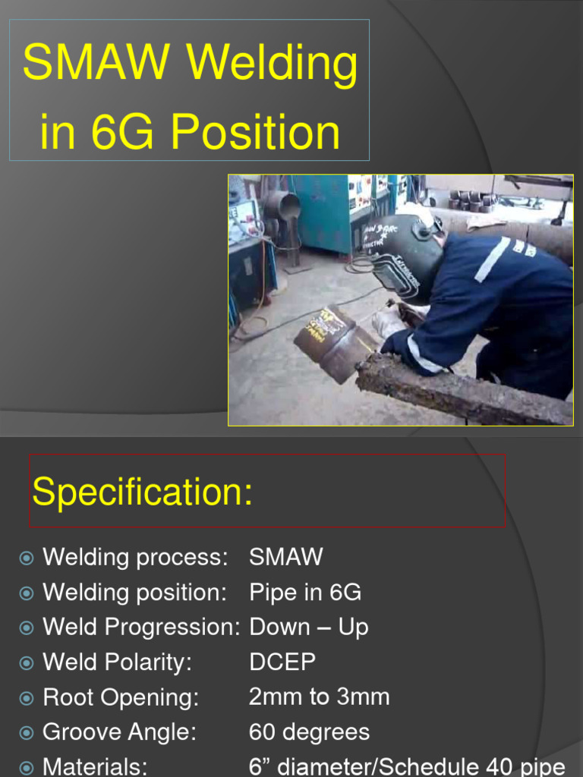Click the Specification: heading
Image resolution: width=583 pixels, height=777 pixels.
143,492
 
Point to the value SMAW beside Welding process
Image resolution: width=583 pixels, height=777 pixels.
285,557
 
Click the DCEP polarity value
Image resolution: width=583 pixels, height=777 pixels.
282,662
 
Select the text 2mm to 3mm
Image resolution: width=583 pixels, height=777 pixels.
319,697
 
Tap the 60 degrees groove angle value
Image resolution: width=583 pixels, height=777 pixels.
309,731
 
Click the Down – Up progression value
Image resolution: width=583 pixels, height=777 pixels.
309,627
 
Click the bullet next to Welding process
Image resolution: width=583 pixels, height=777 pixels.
27,558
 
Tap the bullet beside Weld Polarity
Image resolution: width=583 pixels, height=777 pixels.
27,663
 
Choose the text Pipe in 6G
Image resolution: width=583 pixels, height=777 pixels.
305,592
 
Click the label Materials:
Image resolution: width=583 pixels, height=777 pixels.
95,766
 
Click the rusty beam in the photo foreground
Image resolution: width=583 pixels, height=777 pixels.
463,390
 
